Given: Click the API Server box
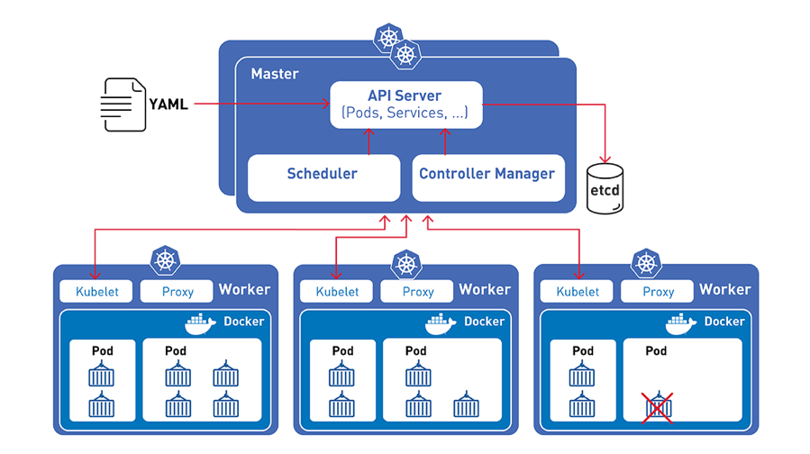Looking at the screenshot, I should coord(405,104).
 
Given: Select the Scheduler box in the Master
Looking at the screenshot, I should coord(323,175).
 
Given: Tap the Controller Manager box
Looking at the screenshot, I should coord(487,175).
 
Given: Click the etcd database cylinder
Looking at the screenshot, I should coord(605,187).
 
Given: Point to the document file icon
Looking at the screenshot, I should coord(124,105).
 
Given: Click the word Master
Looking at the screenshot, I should coord(274,73).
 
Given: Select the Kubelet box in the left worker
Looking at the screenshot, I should coord(96,292).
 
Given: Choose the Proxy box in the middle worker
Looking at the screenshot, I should coord(418,292).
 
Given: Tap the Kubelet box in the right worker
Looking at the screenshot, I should coord(578,292).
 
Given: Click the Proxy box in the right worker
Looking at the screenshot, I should coord(659,292).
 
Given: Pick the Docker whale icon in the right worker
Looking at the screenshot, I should coord(683,322).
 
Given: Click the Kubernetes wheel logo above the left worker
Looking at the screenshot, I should coord(166,261).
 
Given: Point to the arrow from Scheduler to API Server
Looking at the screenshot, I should coord(368,141).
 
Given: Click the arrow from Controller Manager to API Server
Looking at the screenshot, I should coord(444,141).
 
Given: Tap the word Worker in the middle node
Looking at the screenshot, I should coord(485,289).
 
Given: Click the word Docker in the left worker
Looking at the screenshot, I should coord(243,322).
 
